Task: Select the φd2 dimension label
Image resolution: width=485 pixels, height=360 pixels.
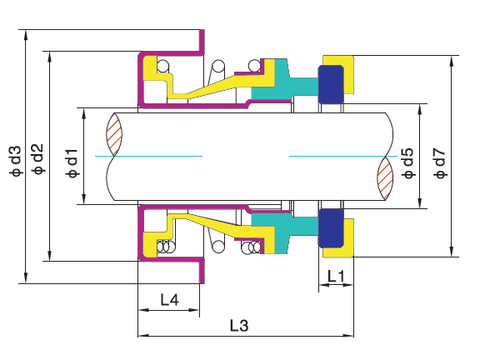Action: (37, 159)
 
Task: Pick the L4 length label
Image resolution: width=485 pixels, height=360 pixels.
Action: (168, 298)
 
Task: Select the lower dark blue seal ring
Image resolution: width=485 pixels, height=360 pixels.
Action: (332, 228)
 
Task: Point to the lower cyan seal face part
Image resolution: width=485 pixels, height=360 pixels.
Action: (279, 229)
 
